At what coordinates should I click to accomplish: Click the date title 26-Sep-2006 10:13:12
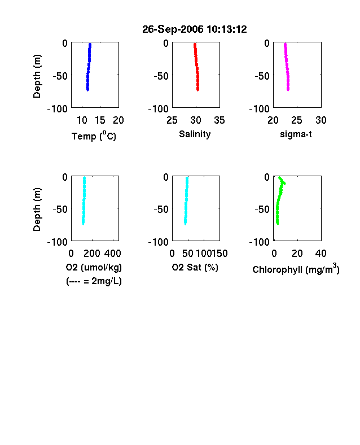click(195, 29)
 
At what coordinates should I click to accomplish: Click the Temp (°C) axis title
click(94, 136)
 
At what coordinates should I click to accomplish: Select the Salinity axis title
click(195, 134)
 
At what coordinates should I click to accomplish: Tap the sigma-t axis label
click(296, 134)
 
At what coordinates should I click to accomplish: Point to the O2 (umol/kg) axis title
click(94, 267)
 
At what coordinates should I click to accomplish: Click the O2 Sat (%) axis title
click(195, 267)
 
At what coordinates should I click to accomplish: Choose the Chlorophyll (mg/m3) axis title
click(296, 269)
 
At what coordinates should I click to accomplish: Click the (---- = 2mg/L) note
click(94, 281)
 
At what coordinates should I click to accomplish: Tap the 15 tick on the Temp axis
click(100, 120)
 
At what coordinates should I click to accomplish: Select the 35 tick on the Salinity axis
click(219, 120)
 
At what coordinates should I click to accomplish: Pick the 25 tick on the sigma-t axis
click(296, 120)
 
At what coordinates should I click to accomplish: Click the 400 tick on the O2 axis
click(112, 254)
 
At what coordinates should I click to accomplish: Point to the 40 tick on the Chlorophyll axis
click(321, 254)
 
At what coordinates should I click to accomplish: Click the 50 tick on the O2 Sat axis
click(188, 254)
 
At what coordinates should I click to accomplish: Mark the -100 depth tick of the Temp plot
click(58, 108)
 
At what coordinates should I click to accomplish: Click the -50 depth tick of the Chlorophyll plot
click(262, 209)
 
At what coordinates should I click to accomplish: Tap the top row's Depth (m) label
click(37, 76)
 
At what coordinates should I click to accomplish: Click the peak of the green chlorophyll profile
click(284, 184)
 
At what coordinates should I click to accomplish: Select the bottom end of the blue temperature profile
click(88, 90)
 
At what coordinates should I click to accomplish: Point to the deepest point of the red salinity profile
click(198, 90)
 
